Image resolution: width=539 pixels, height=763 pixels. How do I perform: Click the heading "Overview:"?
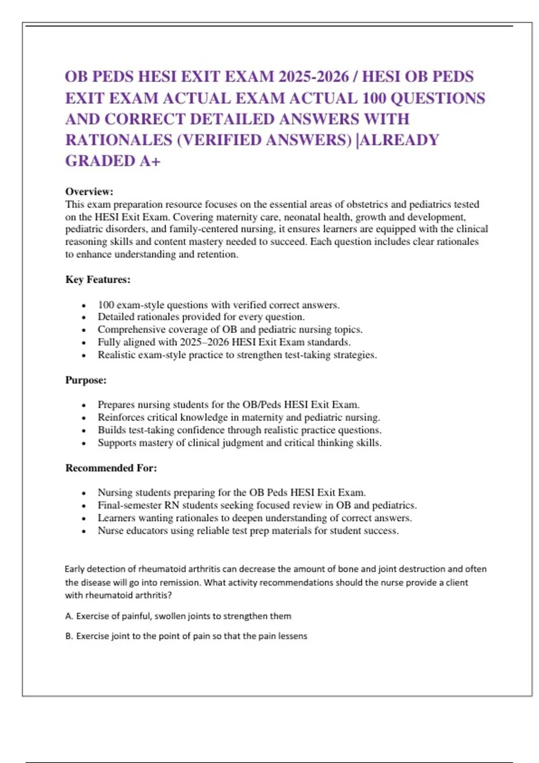point(89,192)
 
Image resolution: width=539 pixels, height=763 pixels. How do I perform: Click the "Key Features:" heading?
point(97,280)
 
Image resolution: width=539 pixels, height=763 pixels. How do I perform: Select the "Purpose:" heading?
point(86,380)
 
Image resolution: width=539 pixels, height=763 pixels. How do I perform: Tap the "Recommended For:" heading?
point(111,468)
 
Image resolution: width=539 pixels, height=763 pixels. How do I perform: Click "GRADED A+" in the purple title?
point(113,161)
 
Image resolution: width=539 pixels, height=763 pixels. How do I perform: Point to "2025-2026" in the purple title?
point(313,77)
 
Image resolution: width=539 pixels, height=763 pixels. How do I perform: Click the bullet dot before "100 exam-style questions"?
point(84,306)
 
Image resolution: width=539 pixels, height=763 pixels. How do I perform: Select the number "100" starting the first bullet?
point(106,305)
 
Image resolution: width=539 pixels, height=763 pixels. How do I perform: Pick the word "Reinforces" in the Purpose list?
point(119,417)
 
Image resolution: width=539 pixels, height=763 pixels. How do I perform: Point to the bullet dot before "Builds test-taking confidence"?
point(84,431)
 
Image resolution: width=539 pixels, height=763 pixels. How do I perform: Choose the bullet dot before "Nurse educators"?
point(84,531)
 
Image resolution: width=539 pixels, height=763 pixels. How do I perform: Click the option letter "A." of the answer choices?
point(69,616)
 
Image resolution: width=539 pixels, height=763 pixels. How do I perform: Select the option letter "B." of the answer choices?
point(69,636)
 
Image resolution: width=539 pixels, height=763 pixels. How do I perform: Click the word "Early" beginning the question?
point(75,569)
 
